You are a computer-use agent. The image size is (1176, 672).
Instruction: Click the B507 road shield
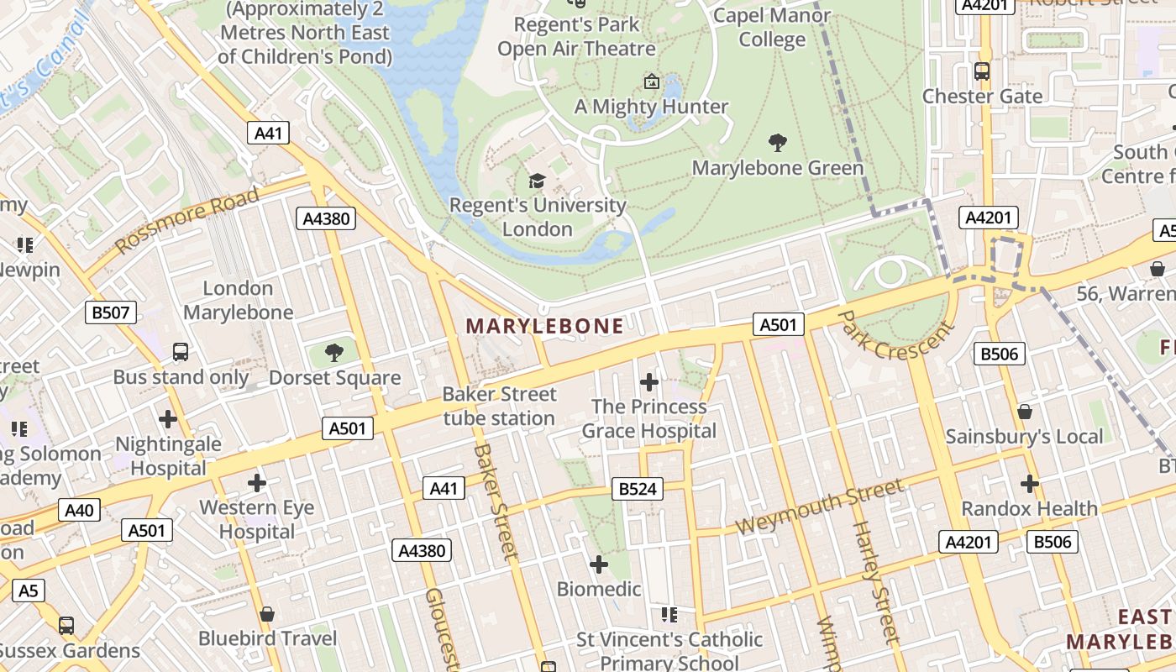(x=111, y=313)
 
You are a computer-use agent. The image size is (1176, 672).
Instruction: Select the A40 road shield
(x=79, y=510)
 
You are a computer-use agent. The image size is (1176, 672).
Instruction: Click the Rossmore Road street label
(x=187, y=221)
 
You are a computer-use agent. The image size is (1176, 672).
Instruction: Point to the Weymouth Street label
(x=820, y=507)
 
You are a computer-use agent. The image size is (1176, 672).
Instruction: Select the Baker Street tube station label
(x=499, y=407)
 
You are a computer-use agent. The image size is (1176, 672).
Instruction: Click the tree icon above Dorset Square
(x=334, y=353)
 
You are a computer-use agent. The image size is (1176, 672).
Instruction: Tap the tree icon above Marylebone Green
(x=778, y=143)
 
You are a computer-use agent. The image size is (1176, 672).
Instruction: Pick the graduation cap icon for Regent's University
(x=537, y=181)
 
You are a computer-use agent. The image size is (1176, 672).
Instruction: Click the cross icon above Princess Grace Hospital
(x=648, y=382)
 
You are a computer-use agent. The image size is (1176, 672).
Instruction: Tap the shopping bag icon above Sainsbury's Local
(x=1024, y=412)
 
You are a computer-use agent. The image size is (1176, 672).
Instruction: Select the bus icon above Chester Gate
(x=982, y=71)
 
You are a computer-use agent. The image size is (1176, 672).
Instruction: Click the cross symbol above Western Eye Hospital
(x=257, y=483)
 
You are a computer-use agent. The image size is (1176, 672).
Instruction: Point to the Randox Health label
(x=1029, y=508)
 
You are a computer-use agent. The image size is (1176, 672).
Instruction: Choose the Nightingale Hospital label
(x=168, y=456)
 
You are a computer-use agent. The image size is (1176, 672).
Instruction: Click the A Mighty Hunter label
(x=651, y=107)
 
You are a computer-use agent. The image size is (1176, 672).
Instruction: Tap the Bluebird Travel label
(x=267, y=638)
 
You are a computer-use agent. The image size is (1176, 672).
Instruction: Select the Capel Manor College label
(x=772, y=28)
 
